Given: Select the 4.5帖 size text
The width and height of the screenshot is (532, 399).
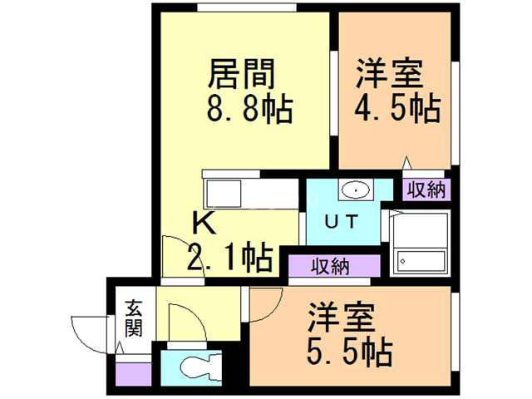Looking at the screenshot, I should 397,108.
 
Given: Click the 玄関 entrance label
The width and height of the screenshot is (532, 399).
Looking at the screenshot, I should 133,318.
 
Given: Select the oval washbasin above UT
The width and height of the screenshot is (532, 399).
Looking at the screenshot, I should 355,190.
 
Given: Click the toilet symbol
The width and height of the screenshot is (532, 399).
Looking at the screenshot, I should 195,366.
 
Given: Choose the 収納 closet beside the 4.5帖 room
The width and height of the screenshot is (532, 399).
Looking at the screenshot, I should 427,189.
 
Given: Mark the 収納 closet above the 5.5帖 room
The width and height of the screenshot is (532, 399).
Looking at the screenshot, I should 331,267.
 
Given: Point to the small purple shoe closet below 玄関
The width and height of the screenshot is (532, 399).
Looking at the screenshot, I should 130,372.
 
